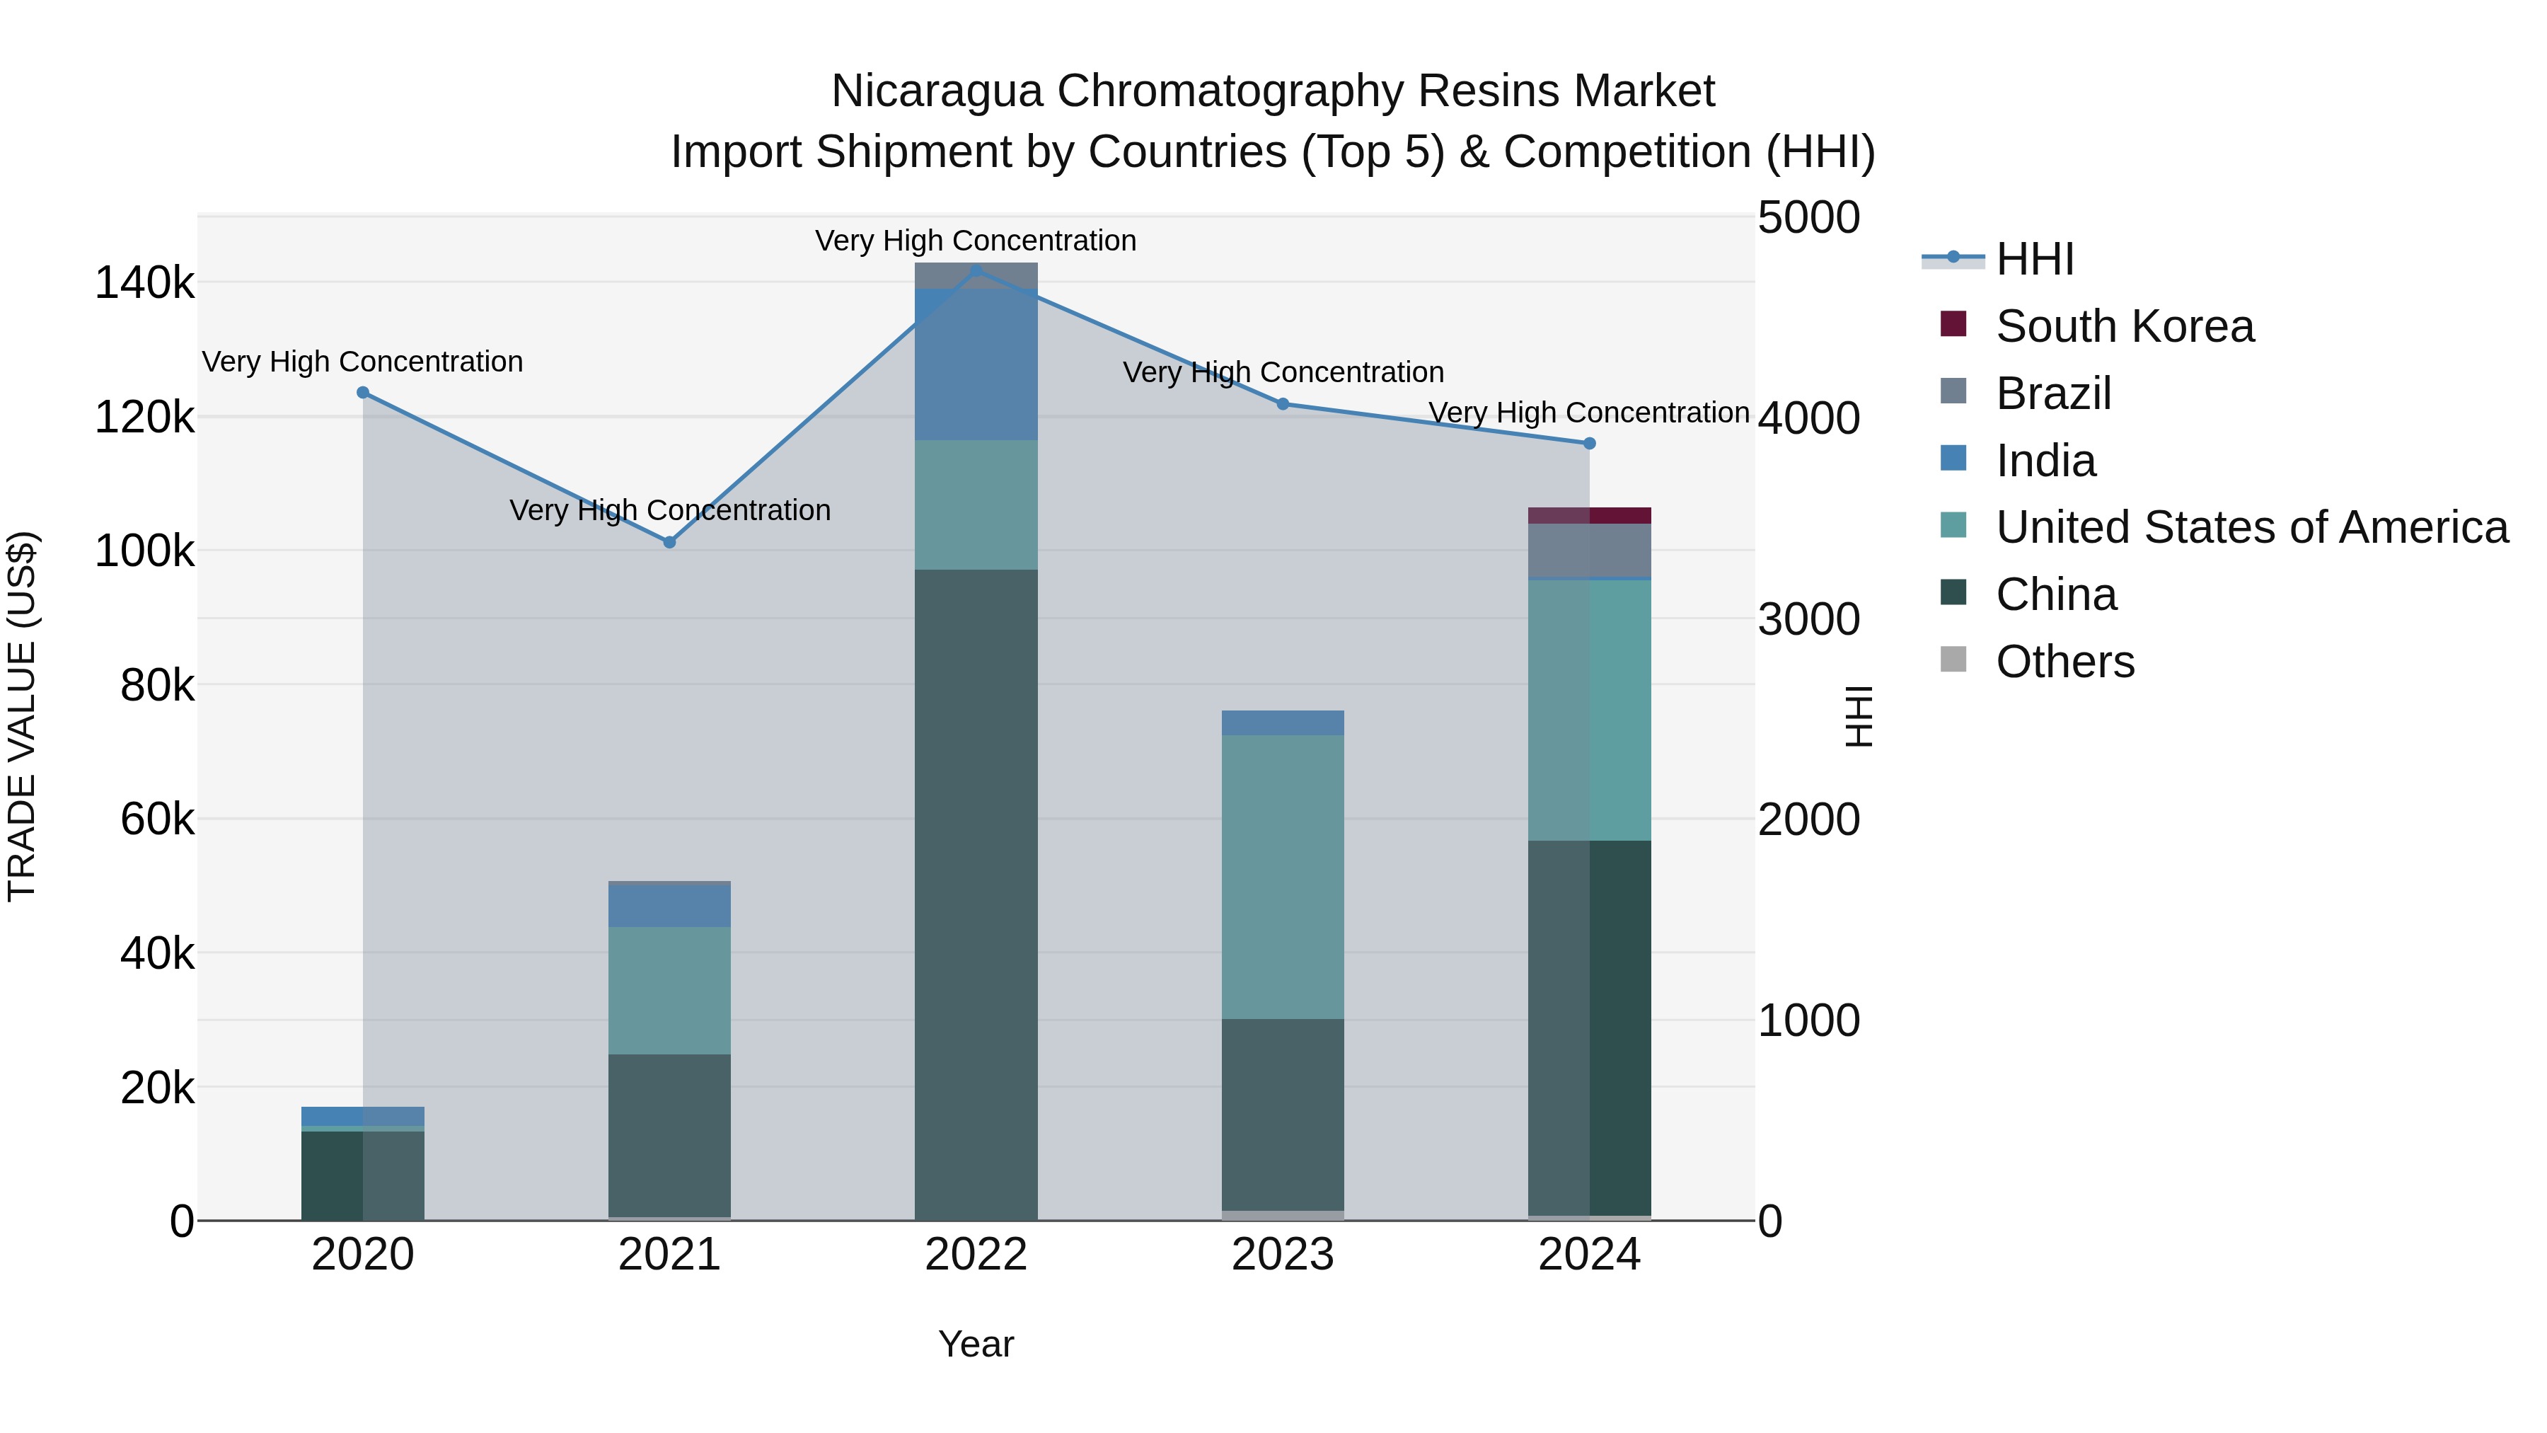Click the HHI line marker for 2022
coord(976,270)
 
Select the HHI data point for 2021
coord(669,542)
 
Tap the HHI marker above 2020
coord(363,393)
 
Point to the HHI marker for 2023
coord(1283,403)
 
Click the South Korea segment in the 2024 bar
coord(1589,515)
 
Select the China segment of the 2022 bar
coord(976,890)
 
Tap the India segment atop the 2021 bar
coord(669,904)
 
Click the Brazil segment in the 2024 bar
coord(1589,550)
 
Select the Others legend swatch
coord(1953,659)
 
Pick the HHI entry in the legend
coord(2035,259)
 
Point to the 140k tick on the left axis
coord(144,284)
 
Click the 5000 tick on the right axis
coord(1808,219)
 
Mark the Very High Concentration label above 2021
coord(669,510)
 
